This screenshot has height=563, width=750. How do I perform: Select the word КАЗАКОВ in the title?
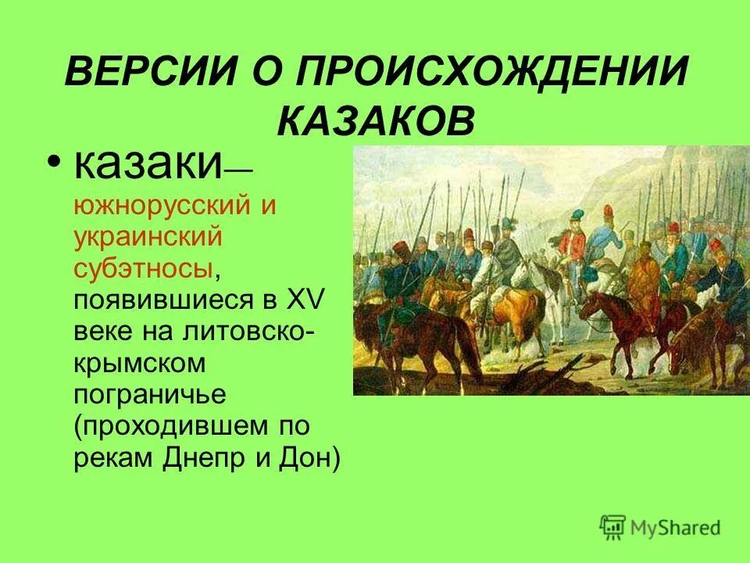pyautogui.click(x=376, y=123)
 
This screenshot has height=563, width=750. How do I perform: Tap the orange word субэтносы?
pyautogui.click(x=143, y=268)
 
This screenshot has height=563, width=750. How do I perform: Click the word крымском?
pyautogui.click(x=140, y=363)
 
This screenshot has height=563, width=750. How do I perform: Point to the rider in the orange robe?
pyautogui.click(x=645, y=281)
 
